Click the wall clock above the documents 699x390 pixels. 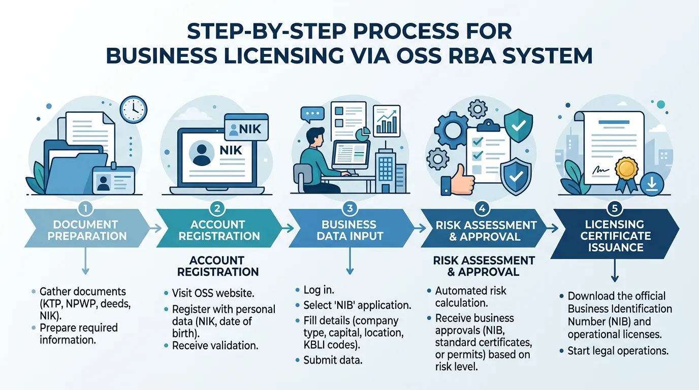(x=134, y=110)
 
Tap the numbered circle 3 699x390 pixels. (x=350, y=208)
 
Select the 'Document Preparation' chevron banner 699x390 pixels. (x=87, y=229)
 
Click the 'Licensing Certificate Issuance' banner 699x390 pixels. (x=615, y=234)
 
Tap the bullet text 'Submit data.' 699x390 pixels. (x=333, y=361)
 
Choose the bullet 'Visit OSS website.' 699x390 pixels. (x=213, y=294)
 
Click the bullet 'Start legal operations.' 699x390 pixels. (x=618, y=351)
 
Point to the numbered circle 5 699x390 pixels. (x=615, y=208)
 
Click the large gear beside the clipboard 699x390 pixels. (x=452, y=130)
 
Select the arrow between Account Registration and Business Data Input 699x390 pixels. (x=288, y=229)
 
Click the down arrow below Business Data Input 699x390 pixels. (x=350, y=261)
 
